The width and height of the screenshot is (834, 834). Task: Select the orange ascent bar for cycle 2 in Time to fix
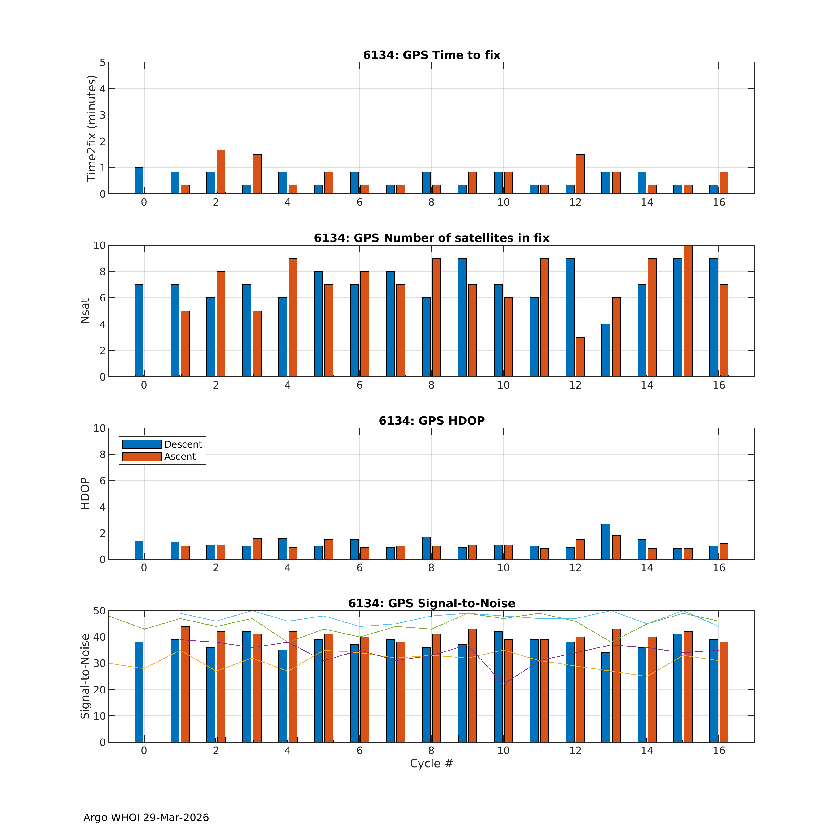(221, 172)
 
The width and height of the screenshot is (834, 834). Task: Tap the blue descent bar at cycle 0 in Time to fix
(139, 180)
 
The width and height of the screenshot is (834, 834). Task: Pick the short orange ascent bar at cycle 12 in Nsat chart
(580, 357)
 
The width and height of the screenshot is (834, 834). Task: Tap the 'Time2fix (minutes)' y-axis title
(91, 128)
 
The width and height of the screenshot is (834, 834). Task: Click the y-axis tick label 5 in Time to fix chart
(102, 63)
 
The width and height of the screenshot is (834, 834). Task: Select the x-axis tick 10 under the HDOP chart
(503, 568)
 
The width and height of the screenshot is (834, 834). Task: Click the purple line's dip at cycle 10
(503, 684)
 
